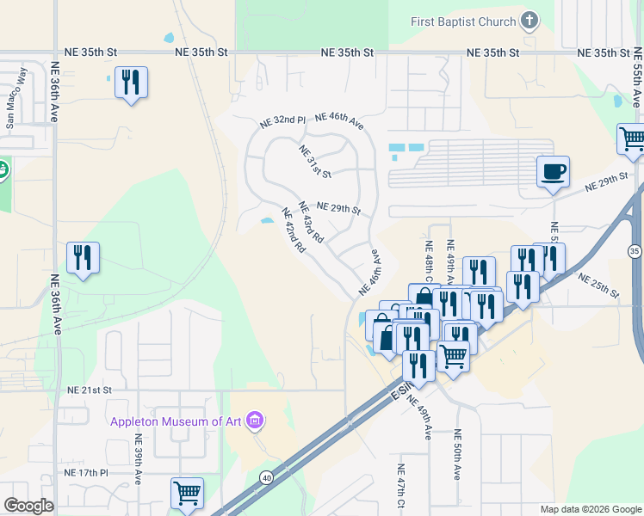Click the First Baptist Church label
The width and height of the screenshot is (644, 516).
[463, 21]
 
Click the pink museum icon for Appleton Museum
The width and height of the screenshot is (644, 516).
[255, 421]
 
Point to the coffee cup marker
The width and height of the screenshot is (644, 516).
[553, 171]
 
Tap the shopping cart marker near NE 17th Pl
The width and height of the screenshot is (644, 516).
[187, 493]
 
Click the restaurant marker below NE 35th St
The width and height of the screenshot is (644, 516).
[131, 83]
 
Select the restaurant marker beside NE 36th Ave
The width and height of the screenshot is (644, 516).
[83, 258]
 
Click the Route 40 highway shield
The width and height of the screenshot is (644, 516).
[267, 477]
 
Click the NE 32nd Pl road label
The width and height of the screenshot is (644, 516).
[283, 122]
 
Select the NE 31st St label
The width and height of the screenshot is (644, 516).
[315, 162]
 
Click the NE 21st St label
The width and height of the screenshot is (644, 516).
[90, 390]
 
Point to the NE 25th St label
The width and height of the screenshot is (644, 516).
[598, 286]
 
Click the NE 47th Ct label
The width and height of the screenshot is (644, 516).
[401, 488]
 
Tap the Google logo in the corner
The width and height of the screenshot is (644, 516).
[28, 506]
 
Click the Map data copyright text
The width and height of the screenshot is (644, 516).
[590, 509]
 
